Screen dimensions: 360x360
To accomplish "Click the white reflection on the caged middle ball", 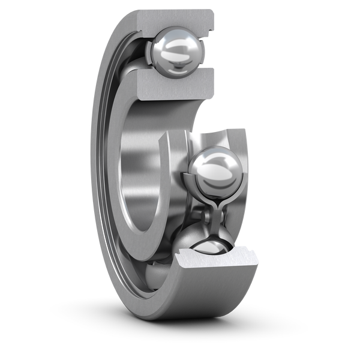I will tap(213, 165).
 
